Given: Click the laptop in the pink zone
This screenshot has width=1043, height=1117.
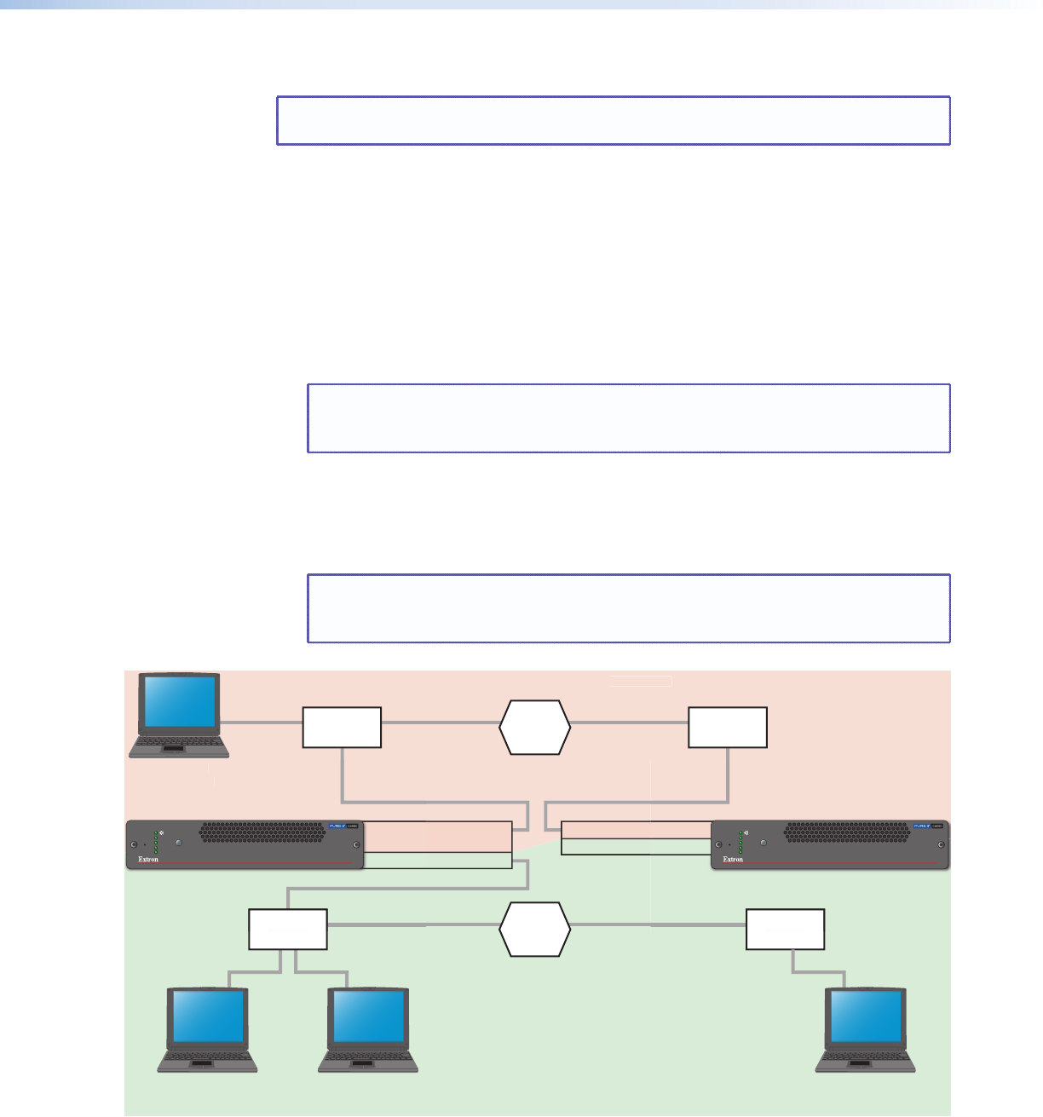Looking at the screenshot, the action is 179,714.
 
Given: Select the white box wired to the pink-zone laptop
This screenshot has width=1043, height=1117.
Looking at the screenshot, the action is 342,727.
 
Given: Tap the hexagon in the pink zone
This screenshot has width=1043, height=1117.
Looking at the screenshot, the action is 535,728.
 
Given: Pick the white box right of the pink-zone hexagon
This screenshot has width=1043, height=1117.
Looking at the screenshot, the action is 728,727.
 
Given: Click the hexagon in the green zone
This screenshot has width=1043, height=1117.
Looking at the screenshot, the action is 535,929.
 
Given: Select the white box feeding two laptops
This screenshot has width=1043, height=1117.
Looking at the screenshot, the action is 288,929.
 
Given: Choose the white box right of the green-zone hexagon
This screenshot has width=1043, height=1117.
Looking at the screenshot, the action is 785,929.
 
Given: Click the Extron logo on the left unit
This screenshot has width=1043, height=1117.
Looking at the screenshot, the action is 148,860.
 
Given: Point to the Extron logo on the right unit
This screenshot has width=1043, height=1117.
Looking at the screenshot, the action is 733,860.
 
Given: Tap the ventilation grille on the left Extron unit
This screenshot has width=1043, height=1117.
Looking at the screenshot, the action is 262,832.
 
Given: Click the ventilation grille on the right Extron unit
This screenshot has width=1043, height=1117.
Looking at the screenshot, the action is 847,832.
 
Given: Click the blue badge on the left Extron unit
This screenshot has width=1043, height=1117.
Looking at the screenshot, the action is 339,826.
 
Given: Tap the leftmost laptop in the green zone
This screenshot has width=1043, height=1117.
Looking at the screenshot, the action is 207,1028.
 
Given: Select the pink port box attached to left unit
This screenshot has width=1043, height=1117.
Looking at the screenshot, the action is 438,837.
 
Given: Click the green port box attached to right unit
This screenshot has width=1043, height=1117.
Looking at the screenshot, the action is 636,847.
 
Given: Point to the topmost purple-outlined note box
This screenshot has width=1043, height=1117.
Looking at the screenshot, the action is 614,120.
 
